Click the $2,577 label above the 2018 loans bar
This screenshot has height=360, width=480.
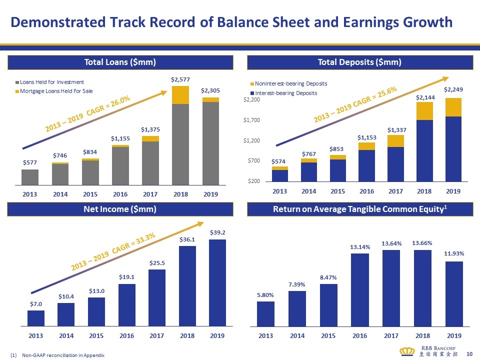[180, 79]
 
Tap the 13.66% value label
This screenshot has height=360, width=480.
[422, 243]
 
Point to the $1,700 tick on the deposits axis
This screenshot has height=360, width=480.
[252, 120]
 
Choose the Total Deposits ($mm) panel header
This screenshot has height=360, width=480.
[360, 62]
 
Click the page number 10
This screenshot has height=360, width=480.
[469, 354]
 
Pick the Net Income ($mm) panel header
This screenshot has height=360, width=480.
[120, 209]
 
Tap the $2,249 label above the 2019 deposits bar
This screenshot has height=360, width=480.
[453, 91]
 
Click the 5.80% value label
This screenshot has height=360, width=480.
[265, 294]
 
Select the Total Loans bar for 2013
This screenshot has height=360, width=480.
[30, 177]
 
